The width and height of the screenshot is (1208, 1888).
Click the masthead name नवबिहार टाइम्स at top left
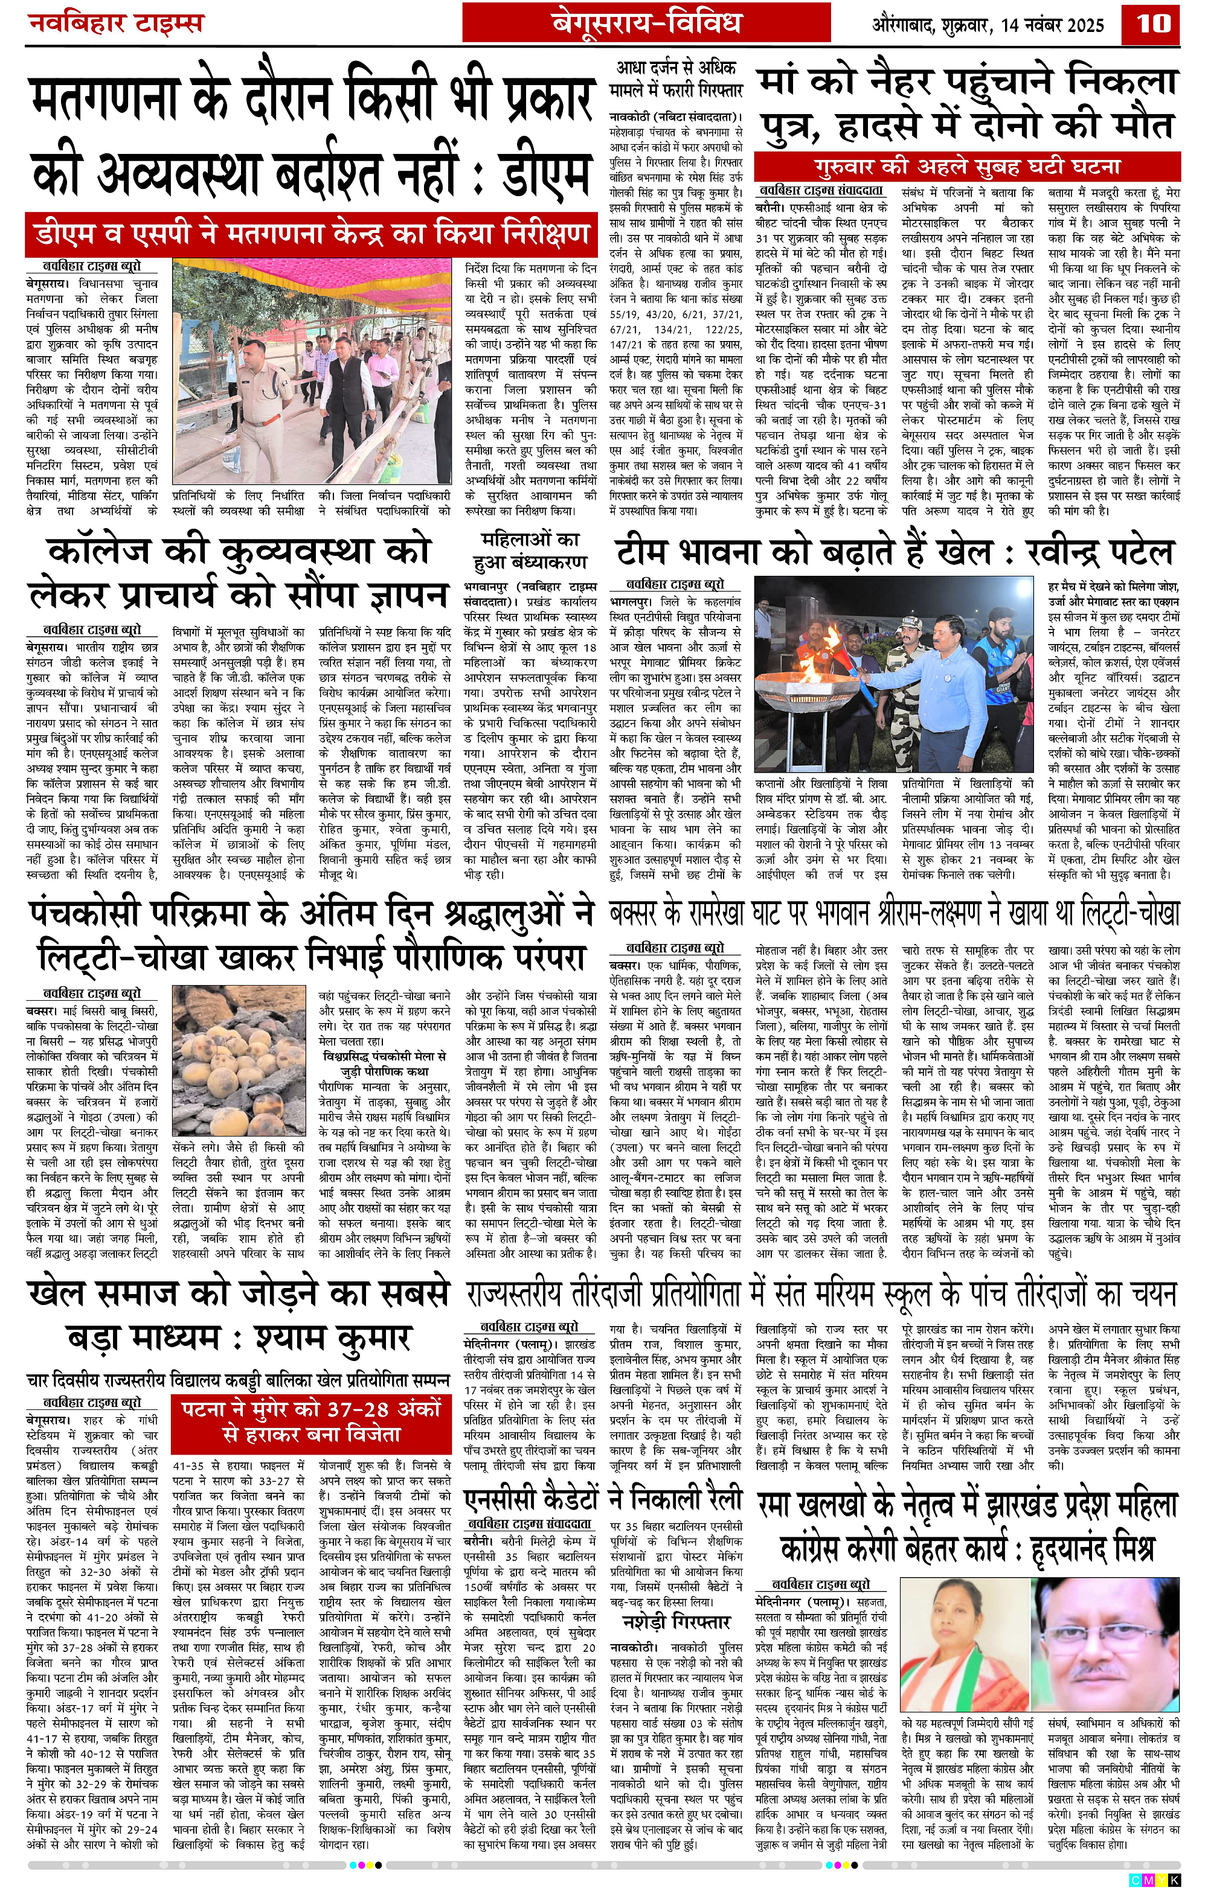pyautogui.click(x=116, y=24)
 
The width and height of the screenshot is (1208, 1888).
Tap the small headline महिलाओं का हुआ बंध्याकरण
pyautogui.click(x=530, y=551)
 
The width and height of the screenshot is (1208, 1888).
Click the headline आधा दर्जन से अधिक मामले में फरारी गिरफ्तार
pyautogui.click(x=676, y=79)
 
